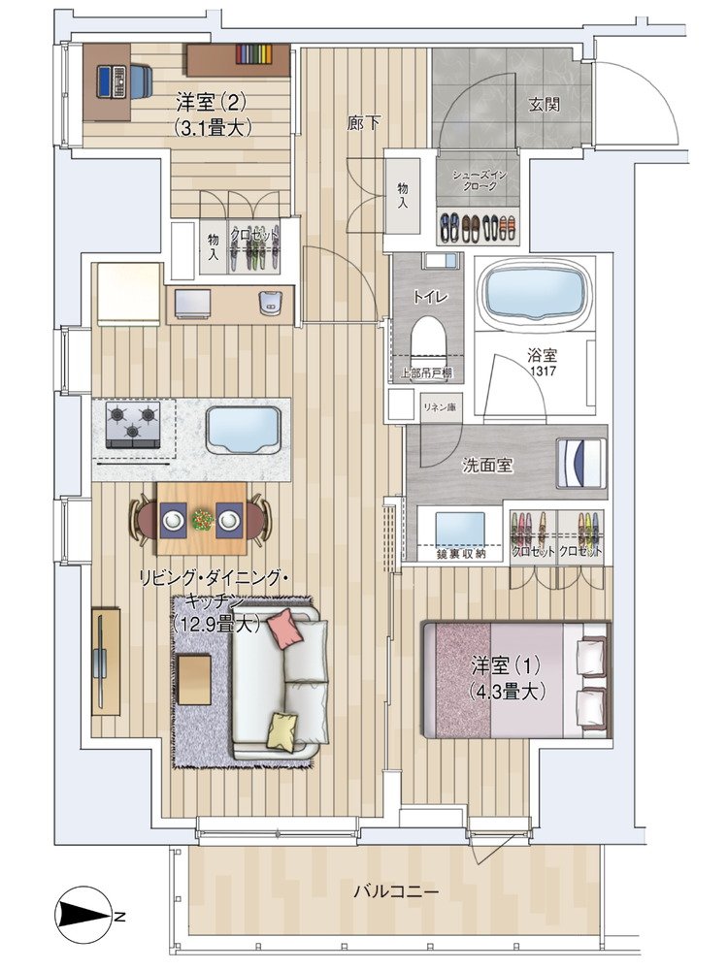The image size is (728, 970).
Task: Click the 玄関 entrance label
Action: click(545, 104)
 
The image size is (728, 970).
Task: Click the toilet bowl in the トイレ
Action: click(429, 338)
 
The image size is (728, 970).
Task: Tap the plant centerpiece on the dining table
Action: click(201, 520)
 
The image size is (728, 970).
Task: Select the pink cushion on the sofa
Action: click(286, 629)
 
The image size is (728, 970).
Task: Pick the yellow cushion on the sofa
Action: click(282, 730)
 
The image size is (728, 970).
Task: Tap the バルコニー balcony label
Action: click(396, 892)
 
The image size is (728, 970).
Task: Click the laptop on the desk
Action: click(112, 81)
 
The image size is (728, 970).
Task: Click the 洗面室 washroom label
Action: click(488, 466)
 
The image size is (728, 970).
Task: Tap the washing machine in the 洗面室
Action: click(581, 464)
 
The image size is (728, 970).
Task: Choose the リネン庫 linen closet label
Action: click(440, 407)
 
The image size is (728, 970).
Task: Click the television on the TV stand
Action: click(101, 663)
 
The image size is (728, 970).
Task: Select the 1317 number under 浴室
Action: click(543, 372)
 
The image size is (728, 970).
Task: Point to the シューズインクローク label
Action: click(480, 180)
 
